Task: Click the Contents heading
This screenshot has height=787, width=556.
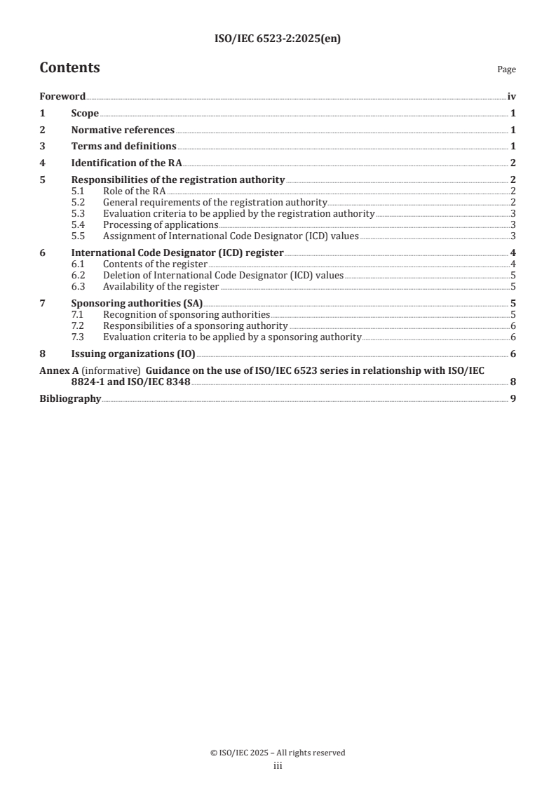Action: point(69,68)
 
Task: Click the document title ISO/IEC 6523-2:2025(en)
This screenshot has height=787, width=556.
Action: point(278,40)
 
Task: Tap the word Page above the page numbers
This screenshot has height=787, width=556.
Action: point(506,70)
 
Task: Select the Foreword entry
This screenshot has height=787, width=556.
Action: point(62,97)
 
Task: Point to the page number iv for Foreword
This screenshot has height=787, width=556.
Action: point(511,97)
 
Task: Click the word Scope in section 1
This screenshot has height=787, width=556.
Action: point(85,114)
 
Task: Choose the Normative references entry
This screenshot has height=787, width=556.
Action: point(123,130)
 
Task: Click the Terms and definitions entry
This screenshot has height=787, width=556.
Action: point(123,147)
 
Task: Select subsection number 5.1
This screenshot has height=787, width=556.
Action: point(79,191)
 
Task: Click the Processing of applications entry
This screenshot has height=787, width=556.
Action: point(161,224)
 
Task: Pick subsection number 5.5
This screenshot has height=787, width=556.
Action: point(79,236)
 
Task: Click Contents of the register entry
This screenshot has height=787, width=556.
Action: point(155,264)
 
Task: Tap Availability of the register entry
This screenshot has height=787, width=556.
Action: point(161,286)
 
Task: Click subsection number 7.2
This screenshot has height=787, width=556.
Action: point(79,326)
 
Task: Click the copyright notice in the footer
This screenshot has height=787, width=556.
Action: point(278,753)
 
